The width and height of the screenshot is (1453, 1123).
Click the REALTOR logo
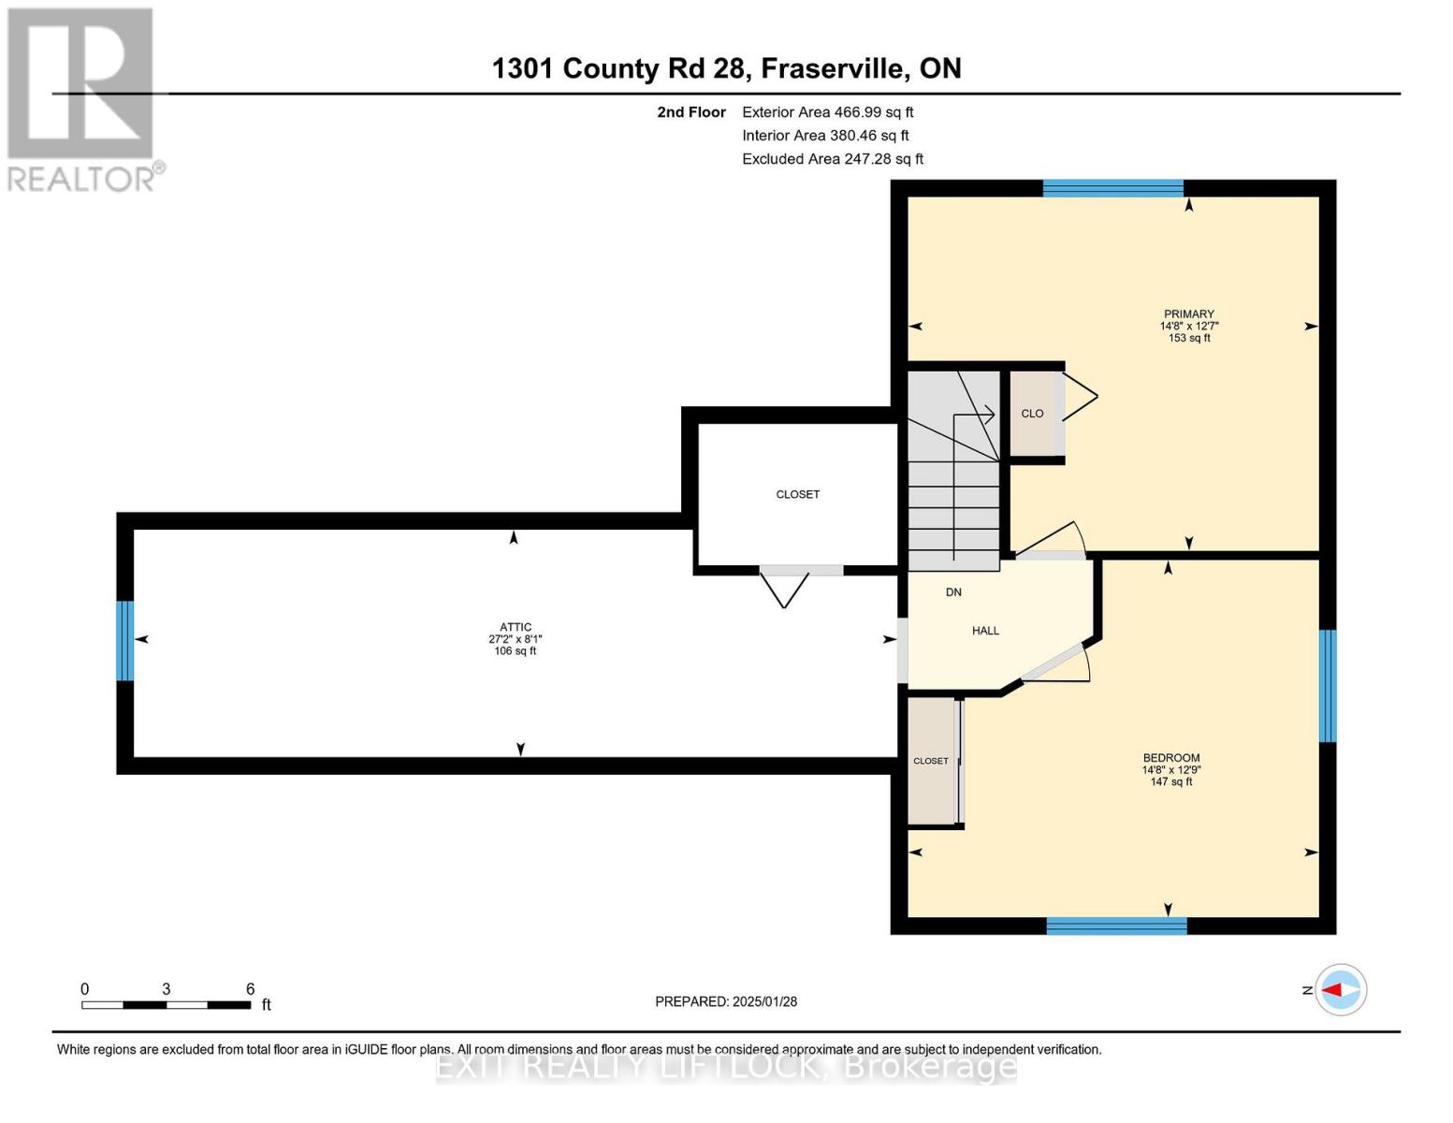tap(82, 98)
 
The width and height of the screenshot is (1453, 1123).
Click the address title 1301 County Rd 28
tap(726, 68)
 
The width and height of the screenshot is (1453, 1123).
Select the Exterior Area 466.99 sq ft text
tap(827, 112)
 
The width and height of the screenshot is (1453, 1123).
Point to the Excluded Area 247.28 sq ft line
tap(832, 159)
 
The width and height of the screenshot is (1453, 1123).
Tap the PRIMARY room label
tap(1188, 314)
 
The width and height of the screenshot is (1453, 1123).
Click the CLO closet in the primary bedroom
tap(1032, 414)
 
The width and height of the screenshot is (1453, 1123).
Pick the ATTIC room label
tap(516, 628)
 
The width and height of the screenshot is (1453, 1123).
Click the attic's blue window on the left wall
tap(124, 640)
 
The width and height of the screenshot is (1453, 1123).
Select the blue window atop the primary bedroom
tap(1112, 188)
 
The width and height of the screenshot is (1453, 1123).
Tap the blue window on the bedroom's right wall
tap(1327, 685)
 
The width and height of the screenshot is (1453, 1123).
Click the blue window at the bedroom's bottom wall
tap(1116, 926)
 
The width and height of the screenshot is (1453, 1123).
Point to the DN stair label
tap(953, 592)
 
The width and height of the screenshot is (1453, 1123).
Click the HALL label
tap(985, 631)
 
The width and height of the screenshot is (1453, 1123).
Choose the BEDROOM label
tap(1170, 758)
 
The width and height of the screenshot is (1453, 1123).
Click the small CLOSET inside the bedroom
tap(931, 761)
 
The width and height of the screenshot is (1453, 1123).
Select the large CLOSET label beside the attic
tap(797, 494)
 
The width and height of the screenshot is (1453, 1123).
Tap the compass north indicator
tap(1341, 989)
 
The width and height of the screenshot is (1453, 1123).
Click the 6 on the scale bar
tap(250, 989)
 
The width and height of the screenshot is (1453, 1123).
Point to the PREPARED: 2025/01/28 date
tap(726, 1001)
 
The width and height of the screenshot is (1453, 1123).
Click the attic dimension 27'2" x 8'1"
tap(516, 639)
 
